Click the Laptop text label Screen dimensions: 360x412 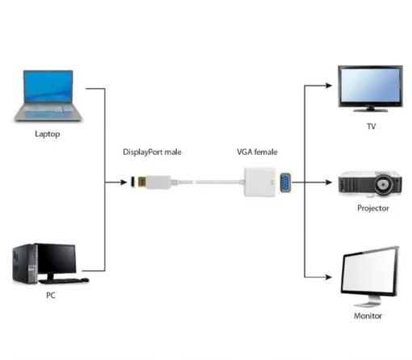(x=48, y=134)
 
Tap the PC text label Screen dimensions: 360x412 (x=50, y=296)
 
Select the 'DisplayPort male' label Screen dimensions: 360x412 (x=156, y=153)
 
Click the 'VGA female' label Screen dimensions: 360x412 (x=258, y=153)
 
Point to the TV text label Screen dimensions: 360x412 (x=371, y=126)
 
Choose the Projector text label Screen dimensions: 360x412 (x=372, y=208)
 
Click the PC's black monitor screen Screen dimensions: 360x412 (x=56, y=258)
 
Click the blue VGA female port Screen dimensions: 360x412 (x=284, y=183)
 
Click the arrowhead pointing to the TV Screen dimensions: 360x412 (x=330, y=84)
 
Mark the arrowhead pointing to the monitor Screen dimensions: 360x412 (x=330, y=278)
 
